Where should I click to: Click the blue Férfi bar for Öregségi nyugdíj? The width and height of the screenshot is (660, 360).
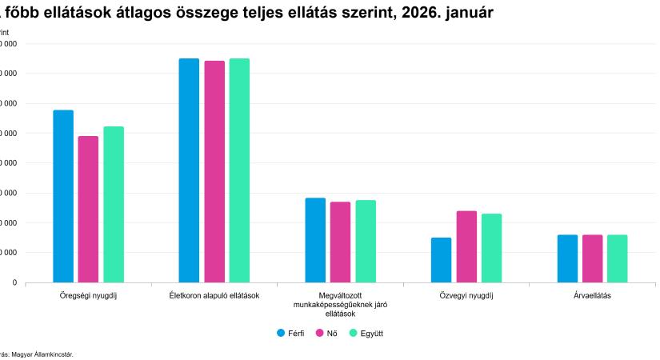63,196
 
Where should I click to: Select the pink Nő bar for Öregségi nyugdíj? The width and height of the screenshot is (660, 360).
88,209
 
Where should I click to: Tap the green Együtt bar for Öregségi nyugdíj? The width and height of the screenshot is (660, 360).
114,204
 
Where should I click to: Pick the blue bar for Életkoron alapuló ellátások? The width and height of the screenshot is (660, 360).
189,170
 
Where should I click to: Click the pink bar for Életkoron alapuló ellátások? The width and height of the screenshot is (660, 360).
214,171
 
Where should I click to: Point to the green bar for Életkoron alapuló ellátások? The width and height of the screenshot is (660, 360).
239,170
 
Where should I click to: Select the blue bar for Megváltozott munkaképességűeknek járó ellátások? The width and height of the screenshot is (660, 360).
315,240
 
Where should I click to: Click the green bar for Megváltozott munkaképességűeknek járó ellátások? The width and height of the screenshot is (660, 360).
366,241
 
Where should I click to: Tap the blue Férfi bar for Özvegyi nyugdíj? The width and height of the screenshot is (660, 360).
441,260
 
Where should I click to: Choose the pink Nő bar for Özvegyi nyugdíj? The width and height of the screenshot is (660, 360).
466,246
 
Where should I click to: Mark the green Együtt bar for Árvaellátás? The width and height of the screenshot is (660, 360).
617,258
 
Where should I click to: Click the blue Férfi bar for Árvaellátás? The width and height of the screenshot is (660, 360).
567,258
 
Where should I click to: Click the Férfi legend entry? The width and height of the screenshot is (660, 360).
290,333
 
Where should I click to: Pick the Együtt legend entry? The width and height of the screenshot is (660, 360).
367,333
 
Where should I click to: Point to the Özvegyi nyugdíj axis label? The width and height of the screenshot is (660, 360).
466,296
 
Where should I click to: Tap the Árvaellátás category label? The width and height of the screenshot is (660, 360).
592,296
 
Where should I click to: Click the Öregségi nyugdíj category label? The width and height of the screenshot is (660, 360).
88,296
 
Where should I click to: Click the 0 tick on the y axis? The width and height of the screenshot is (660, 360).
14,282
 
